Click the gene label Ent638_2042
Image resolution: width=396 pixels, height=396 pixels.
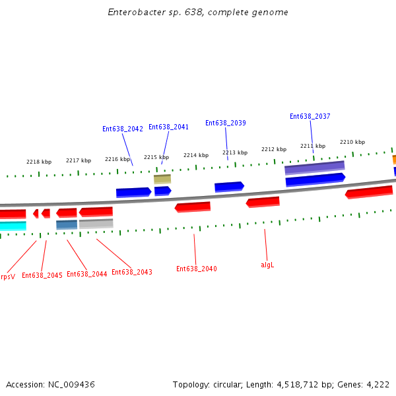(123, 129)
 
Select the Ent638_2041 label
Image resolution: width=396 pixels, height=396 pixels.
(168, 127)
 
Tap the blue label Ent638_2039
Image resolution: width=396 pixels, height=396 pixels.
(226, 123)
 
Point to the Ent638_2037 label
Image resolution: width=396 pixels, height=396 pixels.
(310, 117)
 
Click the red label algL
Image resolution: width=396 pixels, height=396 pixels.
(267, 265)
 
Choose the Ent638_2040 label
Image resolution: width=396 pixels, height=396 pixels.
(197, 269)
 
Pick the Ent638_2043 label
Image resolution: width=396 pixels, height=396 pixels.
(132, 273)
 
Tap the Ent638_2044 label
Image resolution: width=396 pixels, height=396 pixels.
(87, 275)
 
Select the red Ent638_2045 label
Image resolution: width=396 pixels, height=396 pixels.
(42, 276)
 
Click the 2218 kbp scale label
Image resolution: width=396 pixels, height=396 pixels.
(39, 162)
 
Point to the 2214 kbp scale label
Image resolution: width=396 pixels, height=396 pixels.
(196, 156)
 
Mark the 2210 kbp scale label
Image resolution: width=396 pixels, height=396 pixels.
(352, 143)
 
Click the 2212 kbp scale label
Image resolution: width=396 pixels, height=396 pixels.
(274, 150)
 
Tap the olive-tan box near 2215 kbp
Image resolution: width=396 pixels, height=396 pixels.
(162, 179)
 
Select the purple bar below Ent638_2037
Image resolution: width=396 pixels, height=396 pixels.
(314, 168)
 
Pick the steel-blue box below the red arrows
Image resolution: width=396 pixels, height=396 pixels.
(67, 224)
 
